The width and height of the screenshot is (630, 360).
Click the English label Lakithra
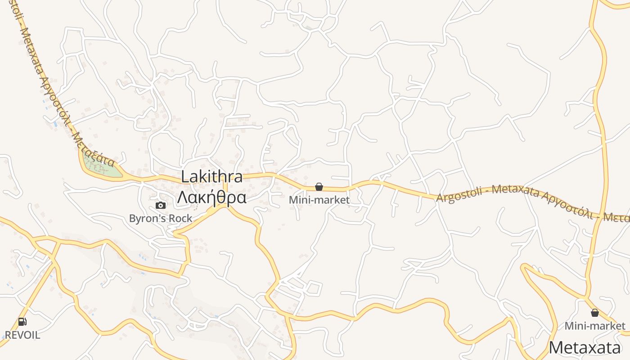click(211, 177)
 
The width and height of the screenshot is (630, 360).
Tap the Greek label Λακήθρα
click(211, 198)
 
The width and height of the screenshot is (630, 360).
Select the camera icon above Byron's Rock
click(160, 206)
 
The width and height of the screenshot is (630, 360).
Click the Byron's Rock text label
click(160, 219)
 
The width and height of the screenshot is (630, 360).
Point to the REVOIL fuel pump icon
click(22, 322)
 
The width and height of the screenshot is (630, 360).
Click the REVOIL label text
click(22, 335)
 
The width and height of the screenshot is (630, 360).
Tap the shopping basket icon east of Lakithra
click(319, 187)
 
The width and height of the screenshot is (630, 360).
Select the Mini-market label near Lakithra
click(319, 200)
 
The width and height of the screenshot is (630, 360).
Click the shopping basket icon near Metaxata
click(595, 313)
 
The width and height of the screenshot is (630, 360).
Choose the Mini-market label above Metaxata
click(595, 326)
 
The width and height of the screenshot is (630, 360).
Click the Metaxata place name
click(585, 348)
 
